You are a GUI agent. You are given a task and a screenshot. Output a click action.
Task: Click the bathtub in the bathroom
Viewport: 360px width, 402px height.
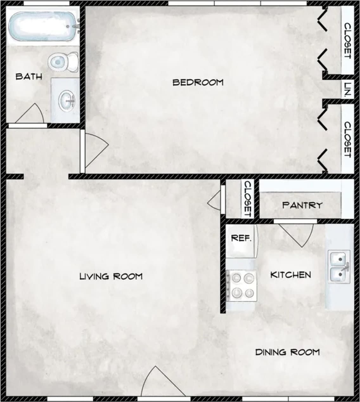coord(41,27)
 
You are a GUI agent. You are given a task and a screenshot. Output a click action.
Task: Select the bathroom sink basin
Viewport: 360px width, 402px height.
coord(67,100)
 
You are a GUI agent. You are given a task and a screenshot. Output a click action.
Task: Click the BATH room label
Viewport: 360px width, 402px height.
coord(29,76)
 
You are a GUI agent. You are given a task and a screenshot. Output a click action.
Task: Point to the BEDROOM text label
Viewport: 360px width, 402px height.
coord(198,82)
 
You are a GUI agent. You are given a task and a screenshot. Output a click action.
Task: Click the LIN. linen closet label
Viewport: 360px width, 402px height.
coord(348,90)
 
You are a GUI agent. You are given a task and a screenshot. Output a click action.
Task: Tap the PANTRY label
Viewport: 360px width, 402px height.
coord(302,205)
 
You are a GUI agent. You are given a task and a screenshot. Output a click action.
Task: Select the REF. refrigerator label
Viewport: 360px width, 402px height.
coord(241,238)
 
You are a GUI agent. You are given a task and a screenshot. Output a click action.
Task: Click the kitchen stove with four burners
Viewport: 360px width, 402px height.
coord(241,285)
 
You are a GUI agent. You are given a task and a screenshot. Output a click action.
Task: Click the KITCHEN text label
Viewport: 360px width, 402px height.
coord(290,275)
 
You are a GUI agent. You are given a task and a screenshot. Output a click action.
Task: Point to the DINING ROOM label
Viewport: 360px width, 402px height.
coord(287,352)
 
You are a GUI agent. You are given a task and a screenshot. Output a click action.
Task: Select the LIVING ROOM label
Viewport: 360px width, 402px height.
coord(111,276)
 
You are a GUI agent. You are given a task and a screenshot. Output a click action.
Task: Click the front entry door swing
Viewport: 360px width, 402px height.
coord(158,382)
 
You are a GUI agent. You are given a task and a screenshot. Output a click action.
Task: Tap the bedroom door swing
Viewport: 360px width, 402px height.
coord(95,149)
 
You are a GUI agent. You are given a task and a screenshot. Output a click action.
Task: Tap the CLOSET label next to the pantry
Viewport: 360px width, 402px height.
coord(248,199)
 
